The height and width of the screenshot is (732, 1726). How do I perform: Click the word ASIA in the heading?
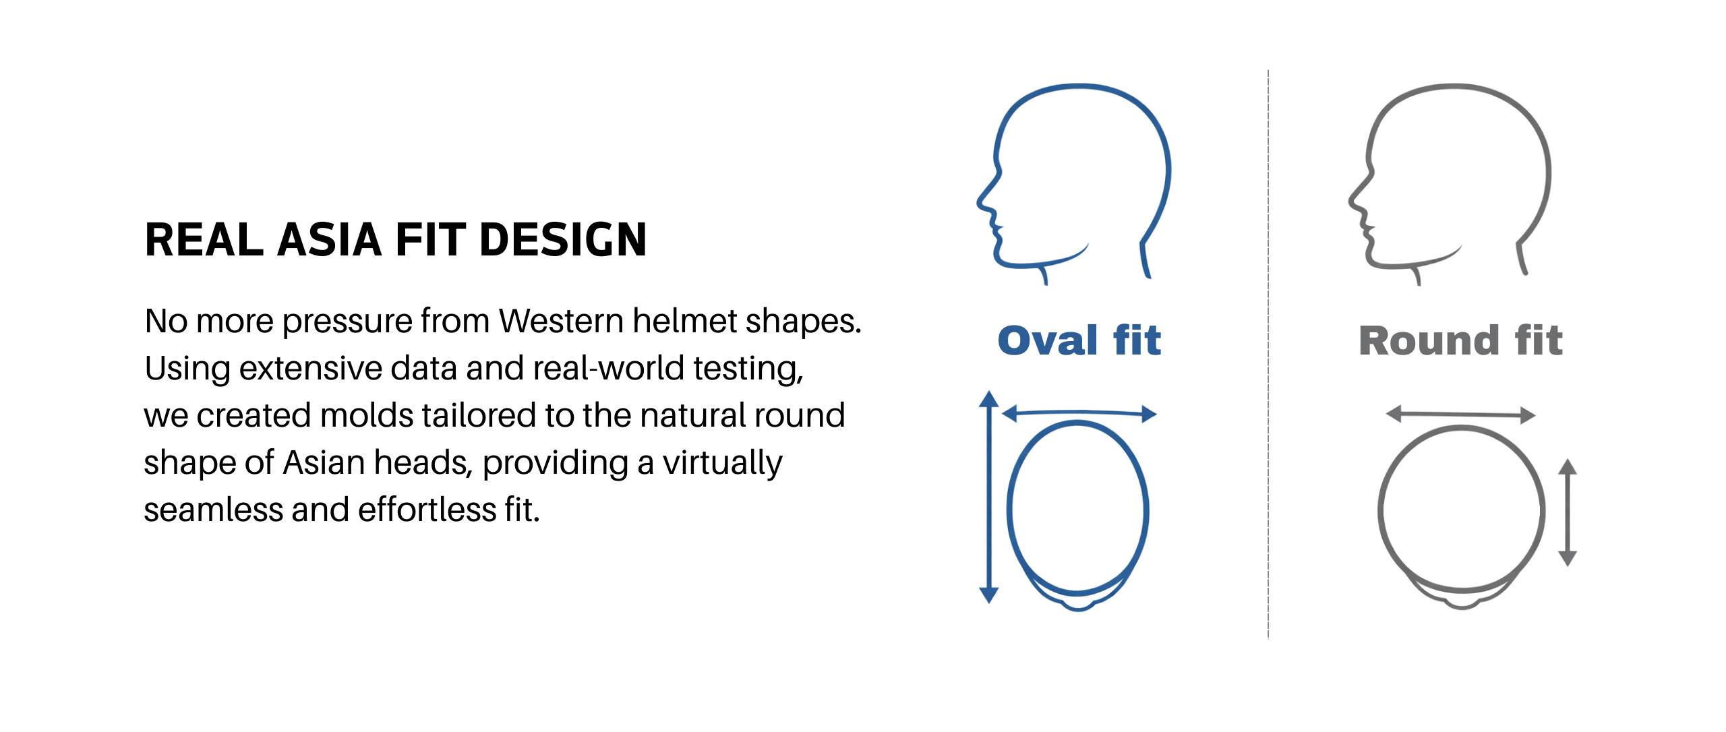pyautogui.click(x=330, y=240)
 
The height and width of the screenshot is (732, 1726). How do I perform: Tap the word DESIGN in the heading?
pyautogui.click(x=563, y=240)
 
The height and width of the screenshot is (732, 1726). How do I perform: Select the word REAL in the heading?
pyautogui.click(x=204, y=240)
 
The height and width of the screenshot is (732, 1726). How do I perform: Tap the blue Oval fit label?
pyautogui.click(x=1079, y=340)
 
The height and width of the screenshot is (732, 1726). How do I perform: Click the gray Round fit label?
pyautogui.click(x=1460, y=340)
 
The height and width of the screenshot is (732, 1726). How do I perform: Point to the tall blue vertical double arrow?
pyautogui.click(x=988, y=497)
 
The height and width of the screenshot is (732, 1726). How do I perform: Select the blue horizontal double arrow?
pyautogui.click(x=1079, y=413)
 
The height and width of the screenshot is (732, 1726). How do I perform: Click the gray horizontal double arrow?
pyautogui.click(x=1460, y=415)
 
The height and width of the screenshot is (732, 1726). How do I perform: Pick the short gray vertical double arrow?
pyautogui.click(x=1568, y=512)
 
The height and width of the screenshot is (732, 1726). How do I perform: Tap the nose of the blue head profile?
pyautogui.click(x=980, y=201)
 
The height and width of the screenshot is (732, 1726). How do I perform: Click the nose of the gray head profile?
pyautogui.click(x=1351, y=201)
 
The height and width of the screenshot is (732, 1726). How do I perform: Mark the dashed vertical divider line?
pyautogui.click(x=1268, y=354)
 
